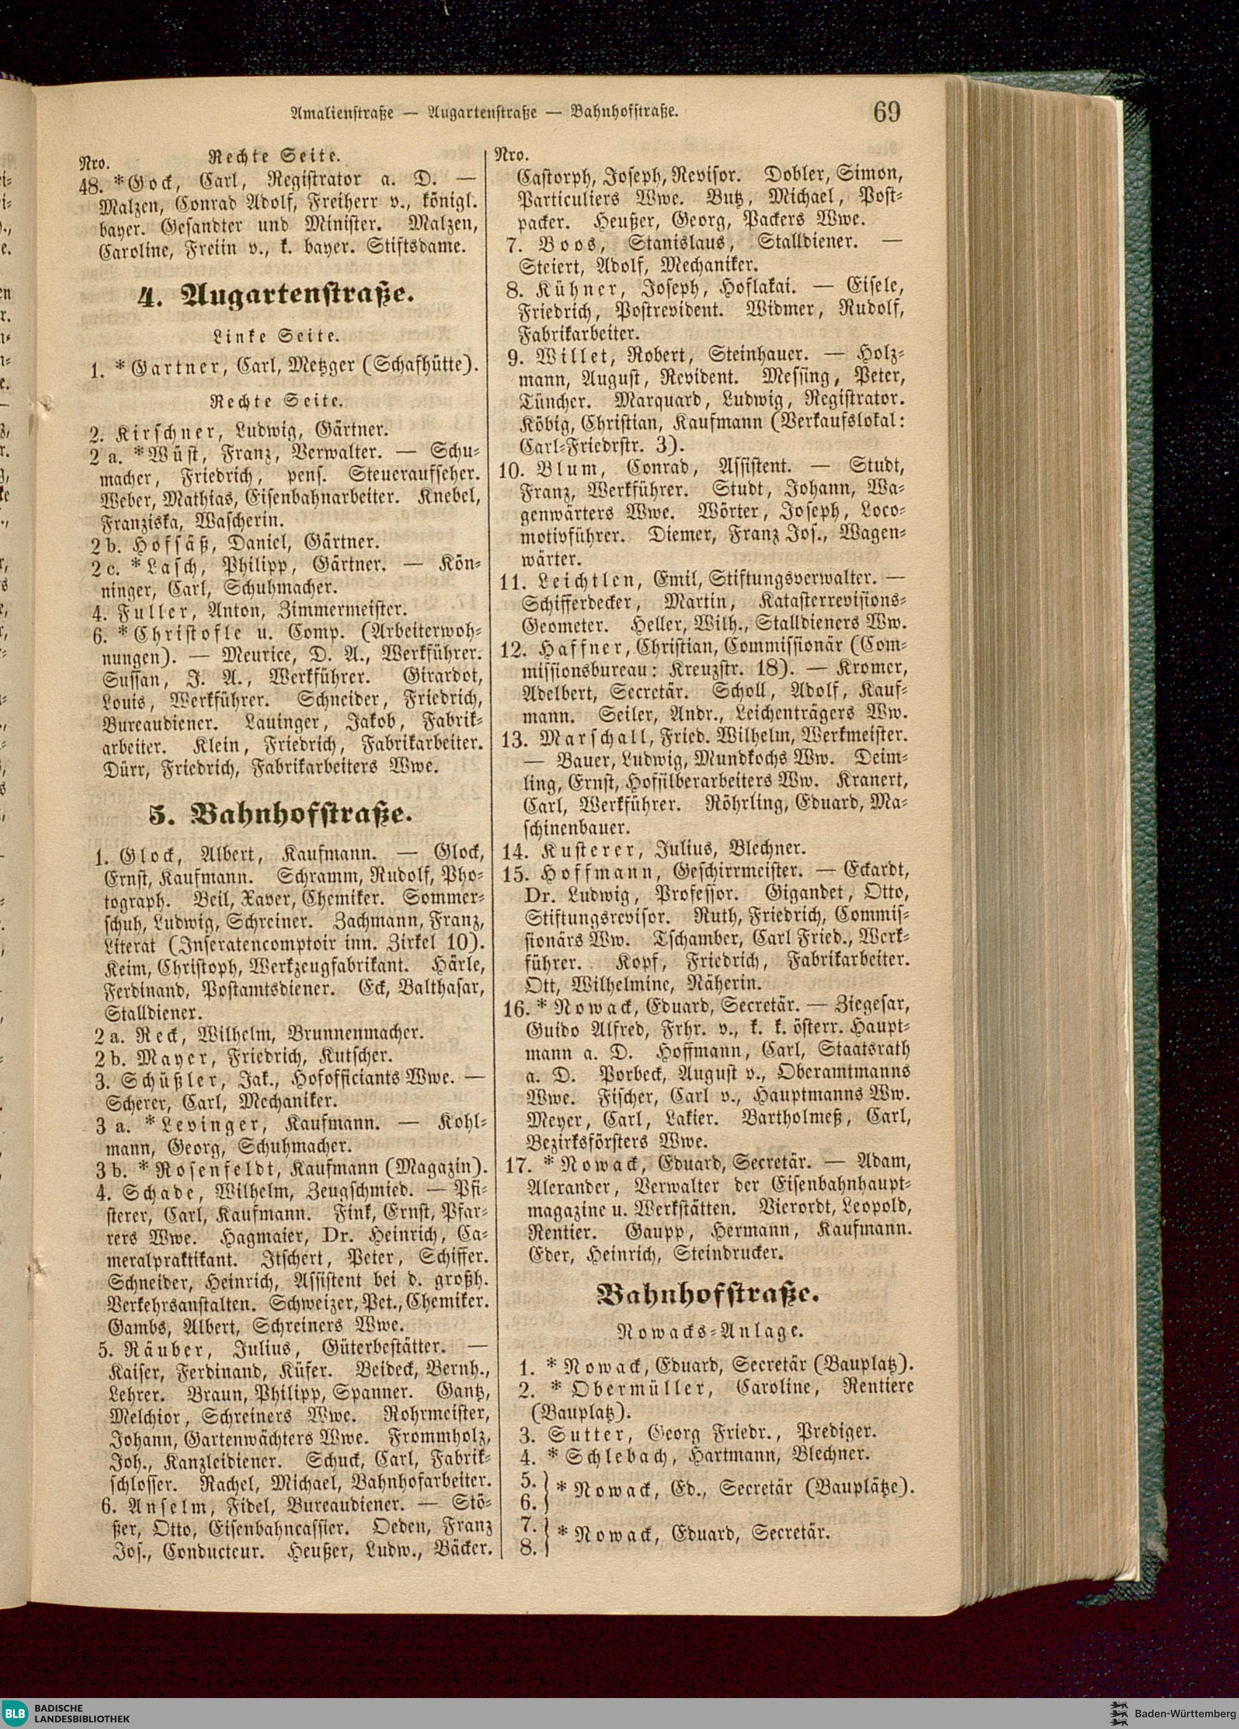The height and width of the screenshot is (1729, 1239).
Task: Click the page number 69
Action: point(887,112)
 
